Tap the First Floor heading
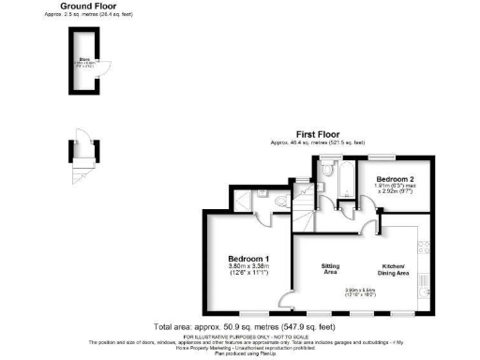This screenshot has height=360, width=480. [x=319, y=135]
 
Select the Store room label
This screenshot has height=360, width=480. [x=83, y=65]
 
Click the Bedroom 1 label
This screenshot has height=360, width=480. [x=248, y=258]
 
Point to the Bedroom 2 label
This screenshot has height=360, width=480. [x=395, y=177]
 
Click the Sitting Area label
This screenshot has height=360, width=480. [x=330, y=269]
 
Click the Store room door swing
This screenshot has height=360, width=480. [x=106, y=67]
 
